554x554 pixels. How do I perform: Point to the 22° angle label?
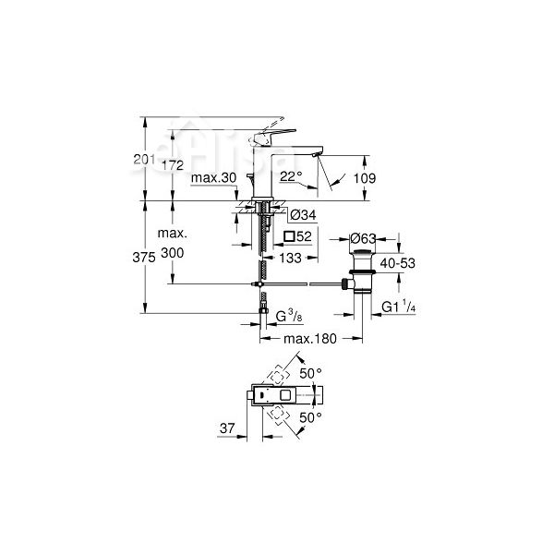(291, 175)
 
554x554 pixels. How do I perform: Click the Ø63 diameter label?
(365, 239)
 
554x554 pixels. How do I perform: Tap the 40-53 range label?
(393, 264)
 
